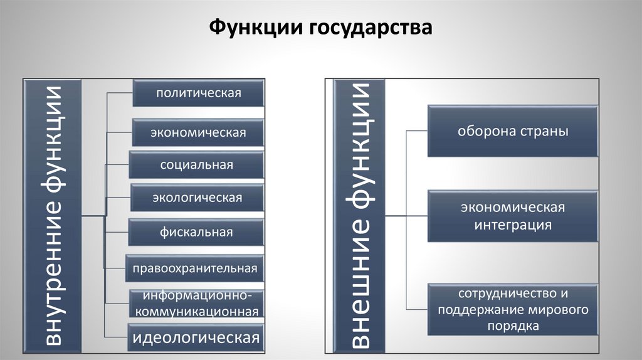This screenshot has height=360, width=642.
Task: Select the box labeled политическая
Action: click(x=198, y=93)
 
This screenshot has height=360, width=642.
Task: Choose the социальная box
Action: click(x=196, y=165)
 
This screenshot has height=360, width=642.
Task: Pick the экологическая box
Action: click(x=197, y=198)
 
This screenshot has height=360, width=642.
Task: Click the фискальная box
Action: click(x=196, y=232)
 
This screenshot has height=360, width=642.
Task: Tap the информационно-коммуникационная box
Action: click(x=196, y=304)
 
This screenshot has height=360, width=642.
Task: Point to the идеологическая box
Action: click(x=196, y=338)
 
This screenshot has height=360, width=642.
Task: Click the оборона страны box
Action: click(x=513, y=132)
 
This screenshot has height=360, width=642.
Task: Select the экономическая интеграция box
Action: click(x=513, y=216)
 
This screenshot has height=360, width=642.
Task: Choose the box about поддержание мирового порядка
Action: click(x=513, y=309)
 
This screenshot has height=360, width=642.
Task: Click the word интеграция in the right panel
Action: click(x=513, y=225)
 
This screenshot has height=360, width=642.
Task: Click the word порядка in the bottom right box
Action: click(x=513, y=326)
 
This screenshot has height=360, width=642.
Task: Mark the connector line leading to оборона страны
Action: click(x=417, y=131)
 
